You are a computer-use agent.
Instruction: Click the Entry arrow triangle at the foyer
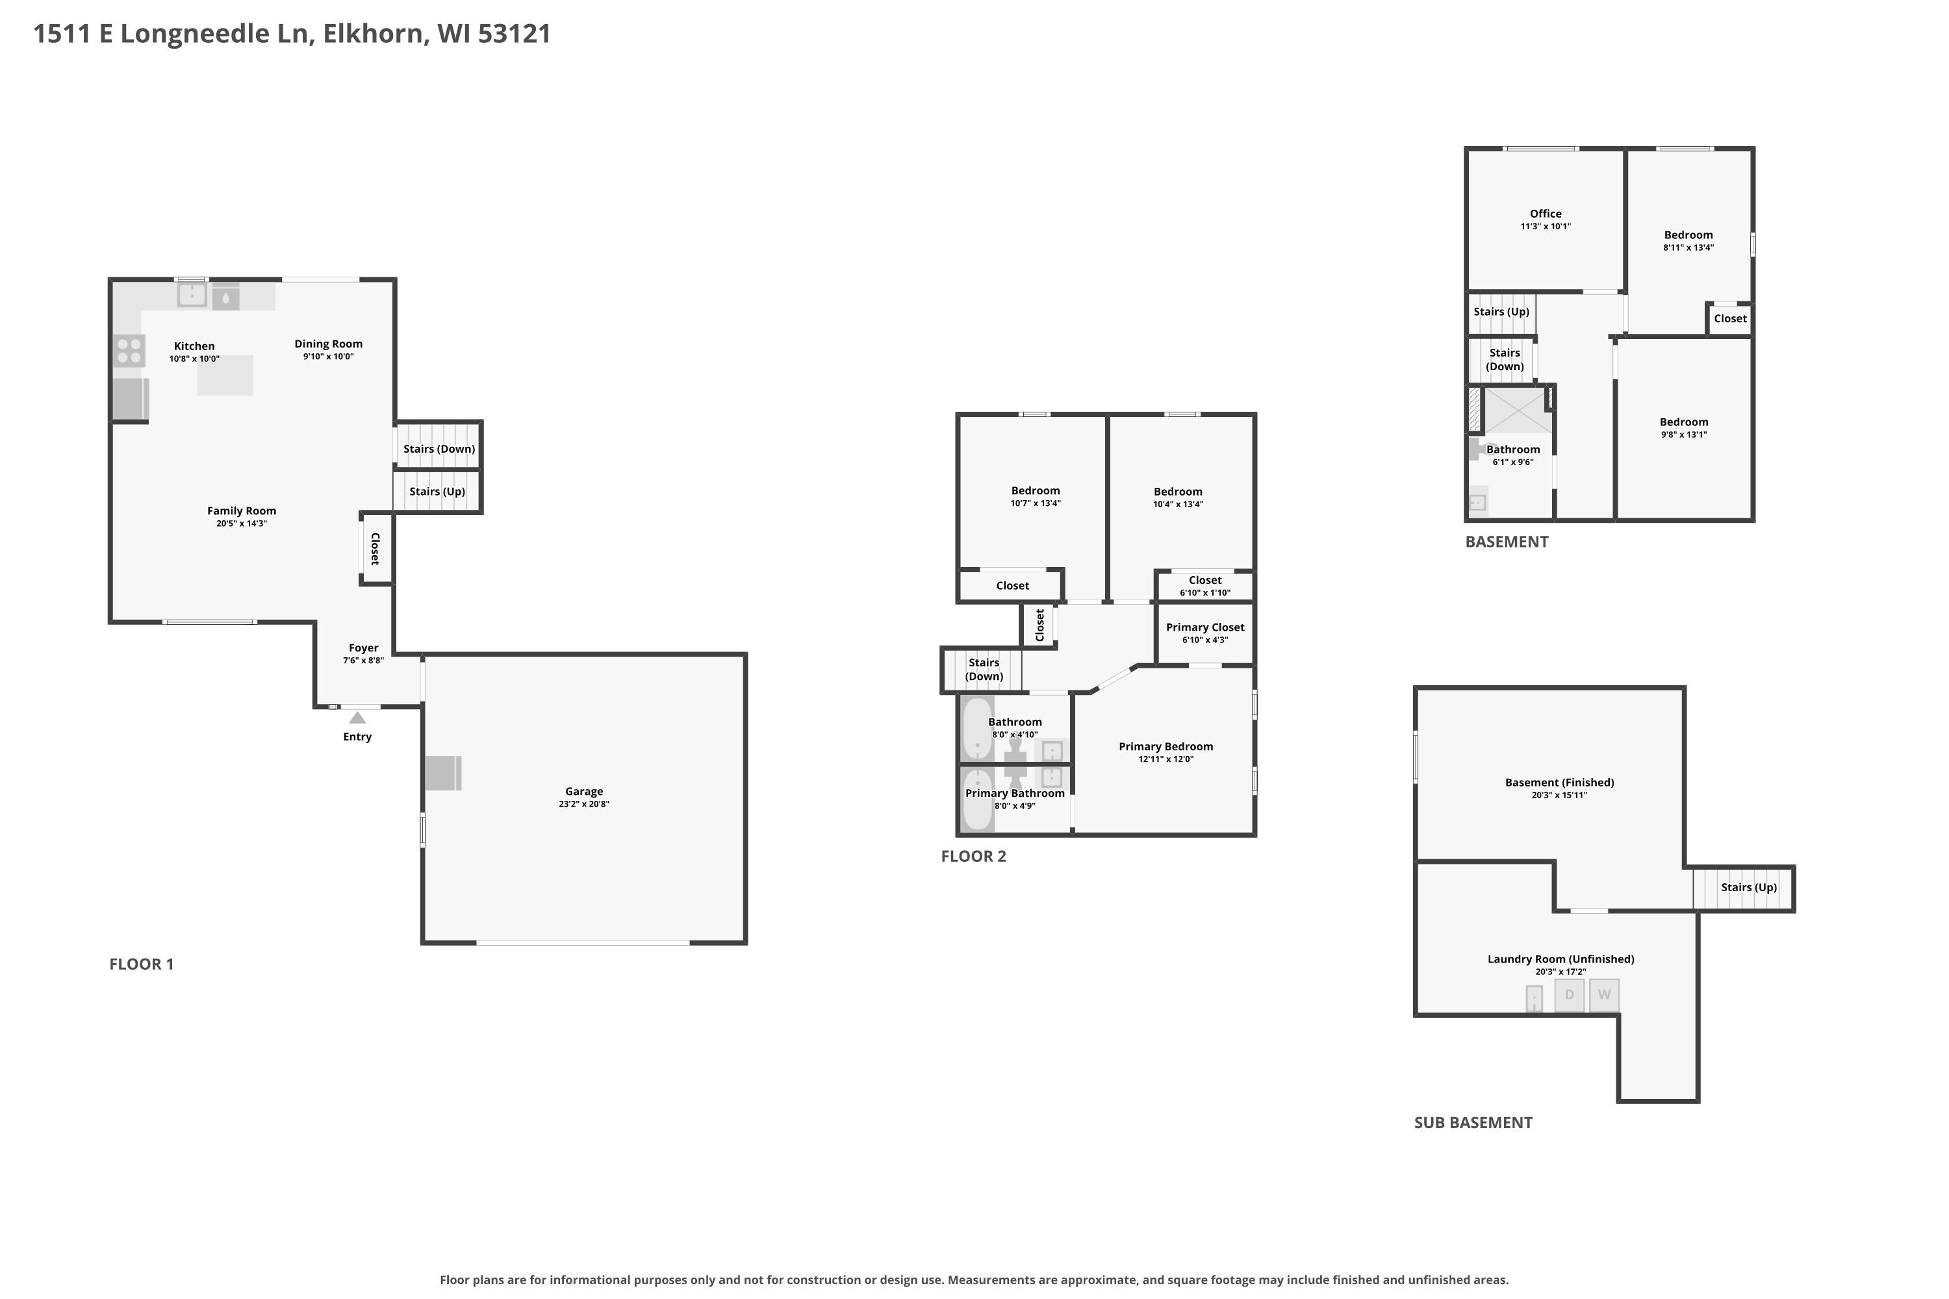tap(357, 718)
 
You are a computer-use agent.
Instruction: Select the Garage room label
tap(584, 791)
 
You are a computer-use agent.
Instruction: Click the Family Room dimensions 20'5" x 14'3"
tap(241, 523)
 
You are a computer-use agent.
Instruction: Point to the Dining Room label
tap(328, 344)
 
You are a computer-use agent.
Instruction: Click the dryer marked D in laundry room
tap(1570, 995)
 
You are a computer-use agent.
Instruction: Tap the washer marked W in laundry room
tap(1604, 995)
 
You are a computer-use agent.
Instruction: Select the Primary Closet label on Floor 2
tap(1205, 627)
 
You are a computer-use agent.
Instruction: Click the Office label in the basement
tap(1546, 214)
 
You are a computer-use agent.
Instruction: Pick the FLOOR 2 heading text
tap(974, 856)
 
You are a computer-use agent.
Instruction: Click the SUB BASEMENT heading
tap(1473, 1122)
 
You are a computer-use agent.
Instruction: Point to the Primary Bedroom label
tap(1166, 746)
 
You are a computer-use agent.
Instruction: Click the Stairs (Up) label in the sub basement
tap(1748, 887)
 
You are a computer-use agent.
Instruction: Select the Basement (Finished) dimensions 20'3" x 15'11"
tap(1560, 795)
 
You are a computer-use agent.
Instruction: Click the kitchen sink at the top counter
tap(192, 294)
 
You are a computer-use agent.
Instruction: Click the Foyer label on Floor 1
tap(364, 648)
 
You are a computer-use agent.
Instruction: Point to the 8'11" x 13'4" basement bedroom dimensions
tap(1688, 247)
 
